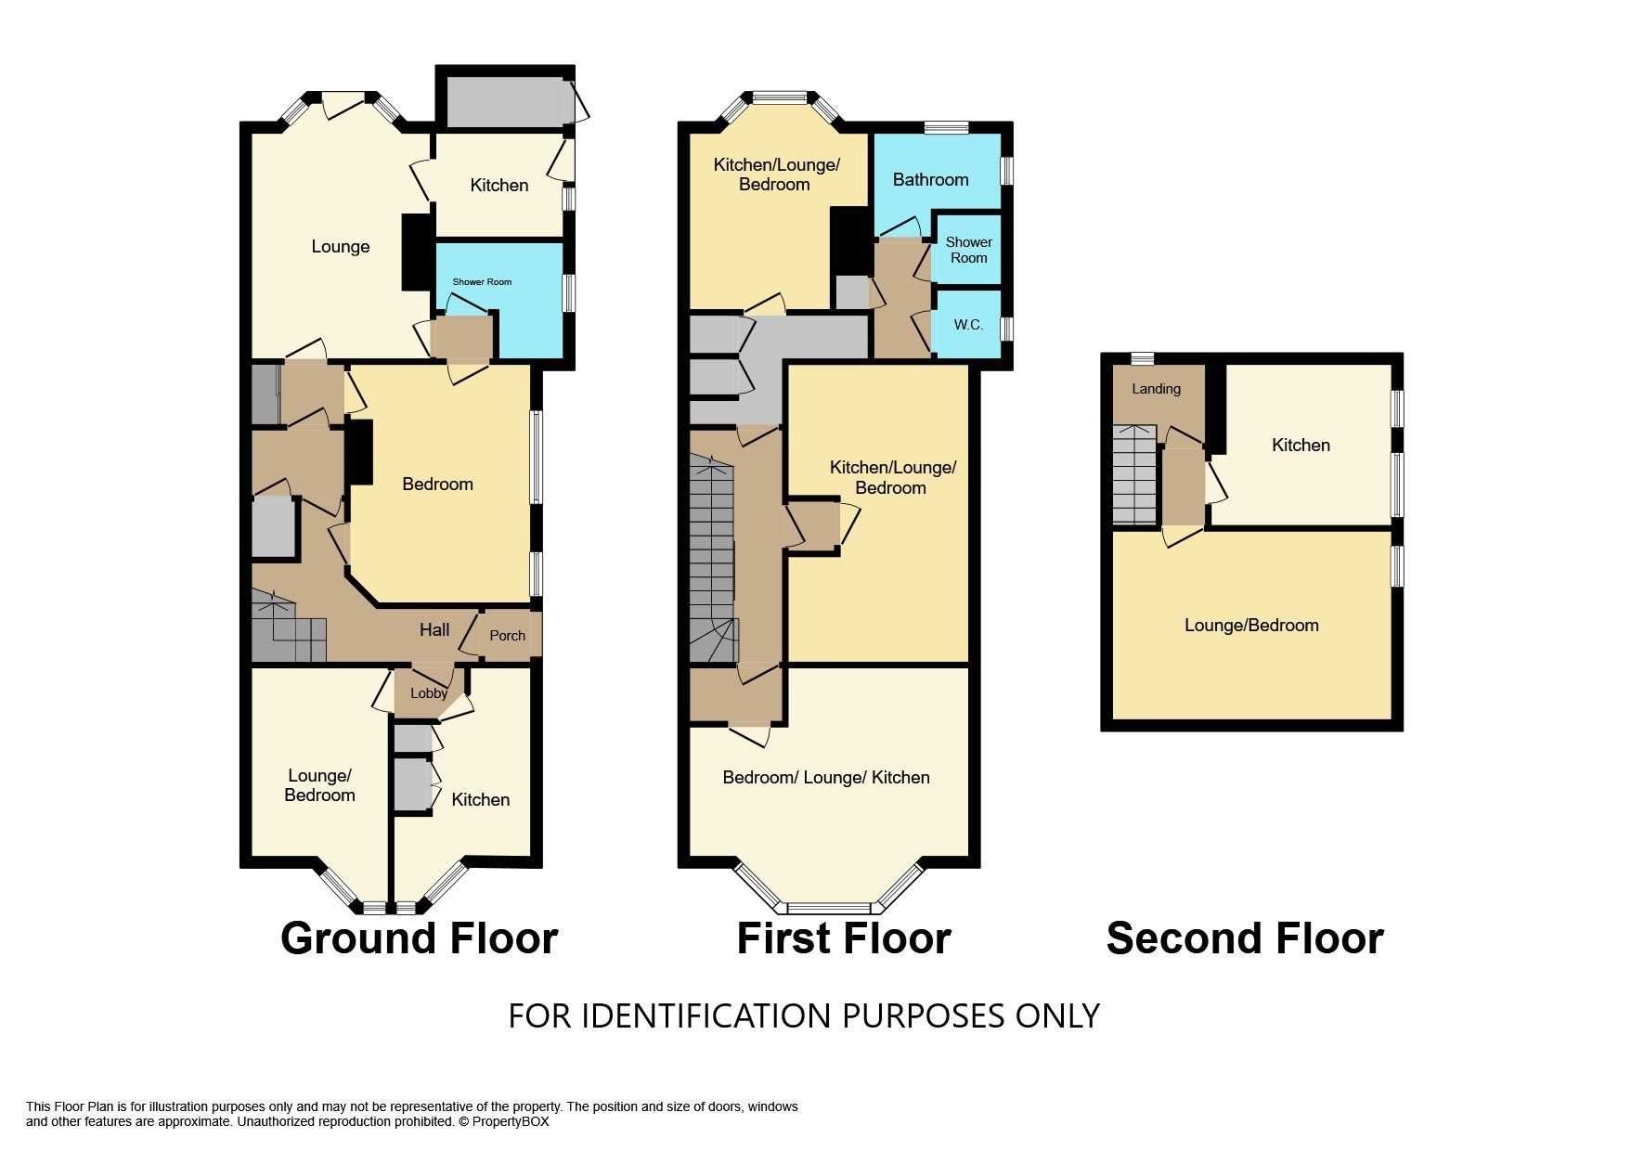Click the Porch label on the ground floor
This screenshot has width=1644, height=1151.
(507, 636)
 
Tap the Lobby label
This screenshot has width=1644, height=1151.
(429, 693)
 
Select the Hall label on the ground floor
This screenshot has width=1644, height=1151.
(434, 630)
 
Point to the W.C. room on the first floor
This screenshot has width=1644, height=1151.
(968, 325)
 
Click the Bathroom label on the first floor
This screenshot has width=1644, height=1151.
(930, 179)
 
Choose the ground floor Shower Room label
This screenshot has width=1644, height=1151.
(482, 281)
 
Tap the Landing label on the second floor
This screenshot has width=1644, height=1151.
(1156, 389)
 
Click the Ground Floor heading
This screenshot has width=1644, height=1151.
(419, 938)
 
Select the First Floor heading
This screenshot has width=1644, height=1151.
(844, 938)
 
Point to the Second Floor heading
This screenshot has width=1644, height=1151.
(1245, 938)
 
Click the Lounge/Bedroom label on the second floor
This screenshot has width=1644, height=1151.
(1251, 625)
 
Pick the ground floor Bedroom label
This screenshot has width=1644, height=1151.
(437, 484)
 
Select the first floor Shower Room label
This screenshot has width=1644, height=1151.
(968, 250)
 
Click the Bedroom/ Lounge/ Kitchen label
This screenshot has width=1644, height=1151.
(826, 777)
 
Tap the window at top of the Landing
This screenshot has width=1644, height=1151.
(1143, 358)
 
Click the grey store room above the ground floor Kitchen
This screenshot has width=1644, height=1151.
(506, 102)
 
